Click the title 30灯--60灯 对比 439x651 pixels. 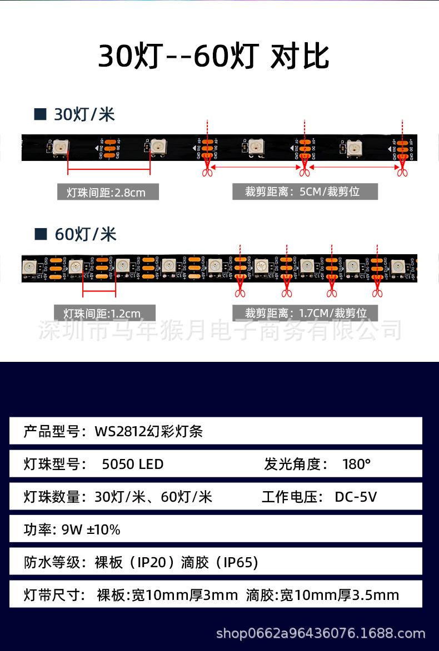coord(213,57)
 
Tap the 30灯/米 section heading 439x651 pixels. coord(84,115)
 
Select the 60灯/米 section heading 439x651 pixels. coord(85,234)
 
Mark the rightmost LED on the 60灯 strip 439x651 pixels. coord(397,267)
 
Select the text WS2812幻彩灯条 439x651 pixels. coord(148,431)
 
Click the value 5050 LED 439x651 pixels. coord(132,464)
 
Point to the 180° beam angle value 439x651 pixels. coord(356,464)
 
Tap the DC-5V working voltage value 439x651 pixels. coord(356,497)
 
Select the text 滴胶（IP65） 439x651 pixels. coord(219,563)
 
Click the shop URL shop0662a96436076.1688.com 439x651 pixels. coord(320,633)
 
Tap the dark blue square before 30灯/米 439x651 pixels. coord(39,115)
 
